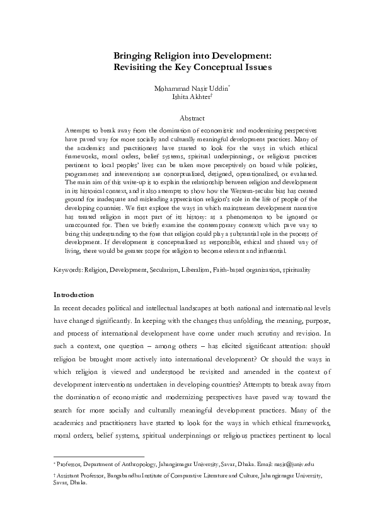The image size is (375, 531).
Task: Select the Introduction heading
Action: pyautogui.click(x=74, y=295)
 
